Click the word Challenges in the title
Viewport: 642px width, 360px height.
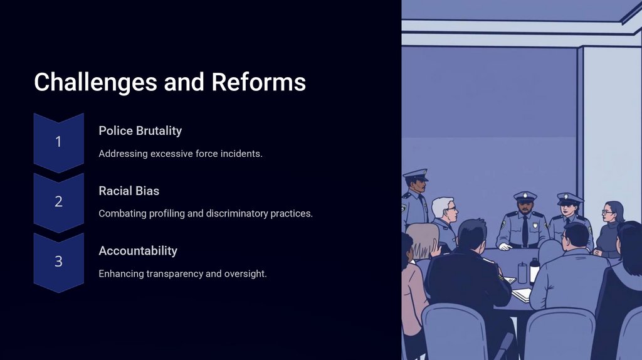click(95, 82)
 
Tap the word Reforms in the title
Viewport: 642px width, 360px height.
click(258, 82)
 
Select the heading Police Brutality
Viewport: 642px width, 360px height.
click(140, 131)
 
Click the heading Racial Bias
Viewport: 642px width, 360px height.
click(129, 191)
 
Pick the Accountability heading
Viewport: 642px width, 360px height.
click(138, 251)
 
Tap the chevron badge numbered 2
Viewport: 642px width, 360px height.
click(58, 202)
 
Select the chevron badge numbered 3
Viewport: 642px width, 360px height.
click(58, 262)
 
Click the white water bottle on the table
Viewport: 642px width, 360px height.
click(534, 271)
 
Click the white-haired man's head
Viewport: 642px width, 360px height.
click(445, 209)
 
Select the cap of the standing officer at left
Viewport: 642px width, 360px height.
click(416, 175)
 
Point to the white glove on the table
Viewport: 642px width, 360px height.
click(505, 246)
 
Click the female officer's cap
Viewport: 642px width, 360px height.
click(569, 199)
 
